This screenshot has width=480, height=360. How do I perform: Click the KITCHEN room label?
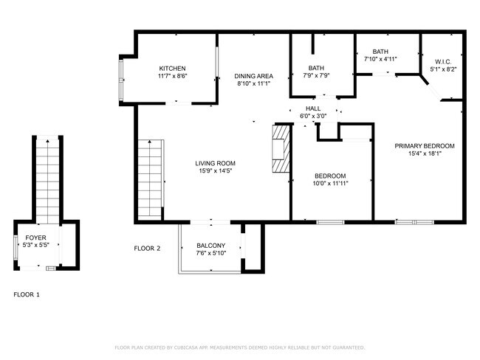coord(172,68)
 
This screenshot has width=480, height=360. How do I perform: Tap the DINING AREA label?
coord(254,76)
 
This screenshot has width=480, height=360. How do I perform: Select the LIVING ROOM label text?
coord(215,163)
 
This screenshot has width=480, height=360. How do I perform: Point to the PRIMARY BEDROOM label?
coord(424,145)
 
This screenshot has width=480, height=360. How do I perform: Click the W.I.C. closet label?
coord(443,62)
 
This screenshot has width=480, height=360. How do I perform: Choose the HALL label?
coord(313,108)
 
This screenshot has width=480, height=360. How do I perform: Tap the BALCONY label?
coord(210,246)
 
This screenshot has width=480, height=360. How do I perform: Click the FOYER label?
coord(35,238)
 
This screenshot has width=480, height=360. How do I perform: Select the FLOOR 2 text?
coord(147,249)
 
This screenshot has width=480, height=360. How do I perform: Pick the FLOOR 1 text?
coord(27,294)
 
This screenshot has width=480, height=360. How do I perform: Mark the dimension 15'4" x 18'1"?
coord(424,153)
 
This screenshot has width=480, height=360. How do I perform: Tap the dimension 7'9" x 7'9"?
coord(316,76)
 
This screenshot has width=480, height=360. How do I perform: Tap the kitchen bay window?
coord(123,78)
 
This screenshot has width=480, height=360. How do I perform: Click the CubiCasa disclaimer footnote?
coord(239,347)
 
